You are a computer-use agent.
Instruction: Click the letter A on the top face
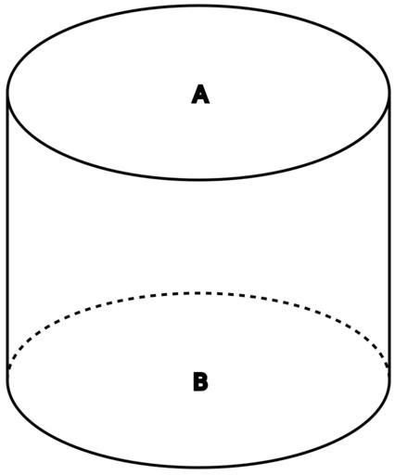pyautogui.click(x=200, y=94)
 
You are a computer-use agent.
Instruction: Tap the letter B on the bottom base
pyautogui.click(x=200, y=381)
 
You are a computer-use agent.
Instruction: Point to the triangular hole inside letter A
pyautogui.click(x=200, y=94)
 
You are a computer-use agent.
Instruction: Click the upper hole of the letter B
pyautogui.click(x=200, y=378)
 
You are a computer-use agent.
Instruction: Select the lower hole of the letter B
pyautogui.click(x=200, y=386)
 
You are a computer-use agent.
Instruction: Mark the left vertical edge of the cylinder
pyautogui.click(x=7, y=234)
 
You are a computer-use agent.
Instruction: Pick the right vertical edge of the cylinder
pyautogui.click(x=389, y=234)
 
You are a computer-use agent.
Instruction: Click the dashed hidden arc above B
pyautogui.click(x=198, y=293)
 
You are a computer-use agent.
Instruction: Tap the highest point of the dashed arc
pyautogui.click(x=198, y=293)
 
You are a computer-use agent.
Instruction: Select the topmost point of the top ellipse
pyautogui.click(x=198, y=6)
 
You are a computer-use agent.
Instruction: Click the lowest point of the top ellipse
pyautogui.click(x=198, y=179)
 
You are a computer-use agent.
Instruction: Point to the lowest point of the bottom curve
pyautogui.click(x=198, y=467)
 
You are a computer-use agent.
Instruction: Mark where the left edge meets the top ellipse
pyautogui.click(x=7, y=92)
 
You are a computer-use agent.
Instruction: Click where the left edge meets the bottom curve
pyautogui.click(x=7, y=376)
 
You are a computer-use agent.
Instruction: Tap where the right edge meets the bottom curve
pyautogui.click(x=389, y=376)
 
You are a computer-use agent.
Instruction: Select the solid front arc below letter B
pyautogui.click(x=198, y=467)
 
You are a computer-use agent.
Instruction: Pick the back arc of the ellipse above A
pyautogui.click(x=198, y=6)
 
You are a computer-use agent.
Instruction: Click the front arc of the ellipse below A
pyautogui.click(x=198, y=179)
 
